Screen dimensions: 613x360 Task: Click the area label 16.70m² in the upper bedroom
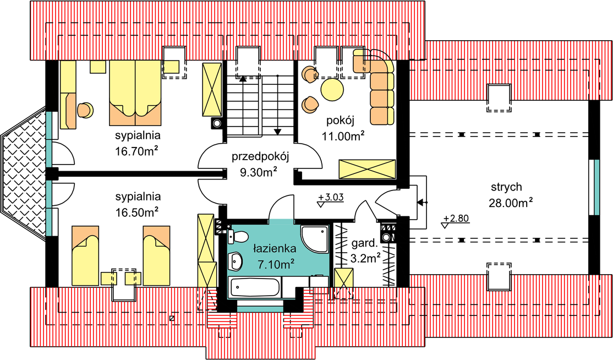point(137,151)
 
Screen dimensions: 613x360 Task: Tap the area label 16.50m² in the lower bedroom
point(137,212)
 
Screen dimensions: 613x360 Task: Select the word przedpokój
point(260,157)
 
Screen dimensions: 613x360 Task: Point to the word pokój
point(341,121)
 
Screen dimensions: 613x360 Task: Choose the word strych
point(506,187)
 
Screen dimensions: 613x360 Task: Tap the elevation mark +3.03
point(331,198)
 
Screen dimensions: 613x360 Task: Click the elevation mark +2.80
point(456,219)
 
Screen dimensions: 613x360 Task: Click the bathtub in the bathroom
point(255,287)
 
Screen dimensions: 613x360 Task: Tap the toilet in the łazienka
point(238,237)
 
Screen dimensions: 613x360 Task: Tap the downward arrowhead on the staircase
point(277,132)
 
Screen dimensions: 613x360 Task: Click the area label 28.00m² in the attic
point(511,203)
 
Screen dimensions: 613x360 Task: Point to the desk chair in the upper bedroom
point(85,110)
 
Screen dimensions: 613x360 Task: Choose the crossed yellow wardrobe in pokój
point(367,169)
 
